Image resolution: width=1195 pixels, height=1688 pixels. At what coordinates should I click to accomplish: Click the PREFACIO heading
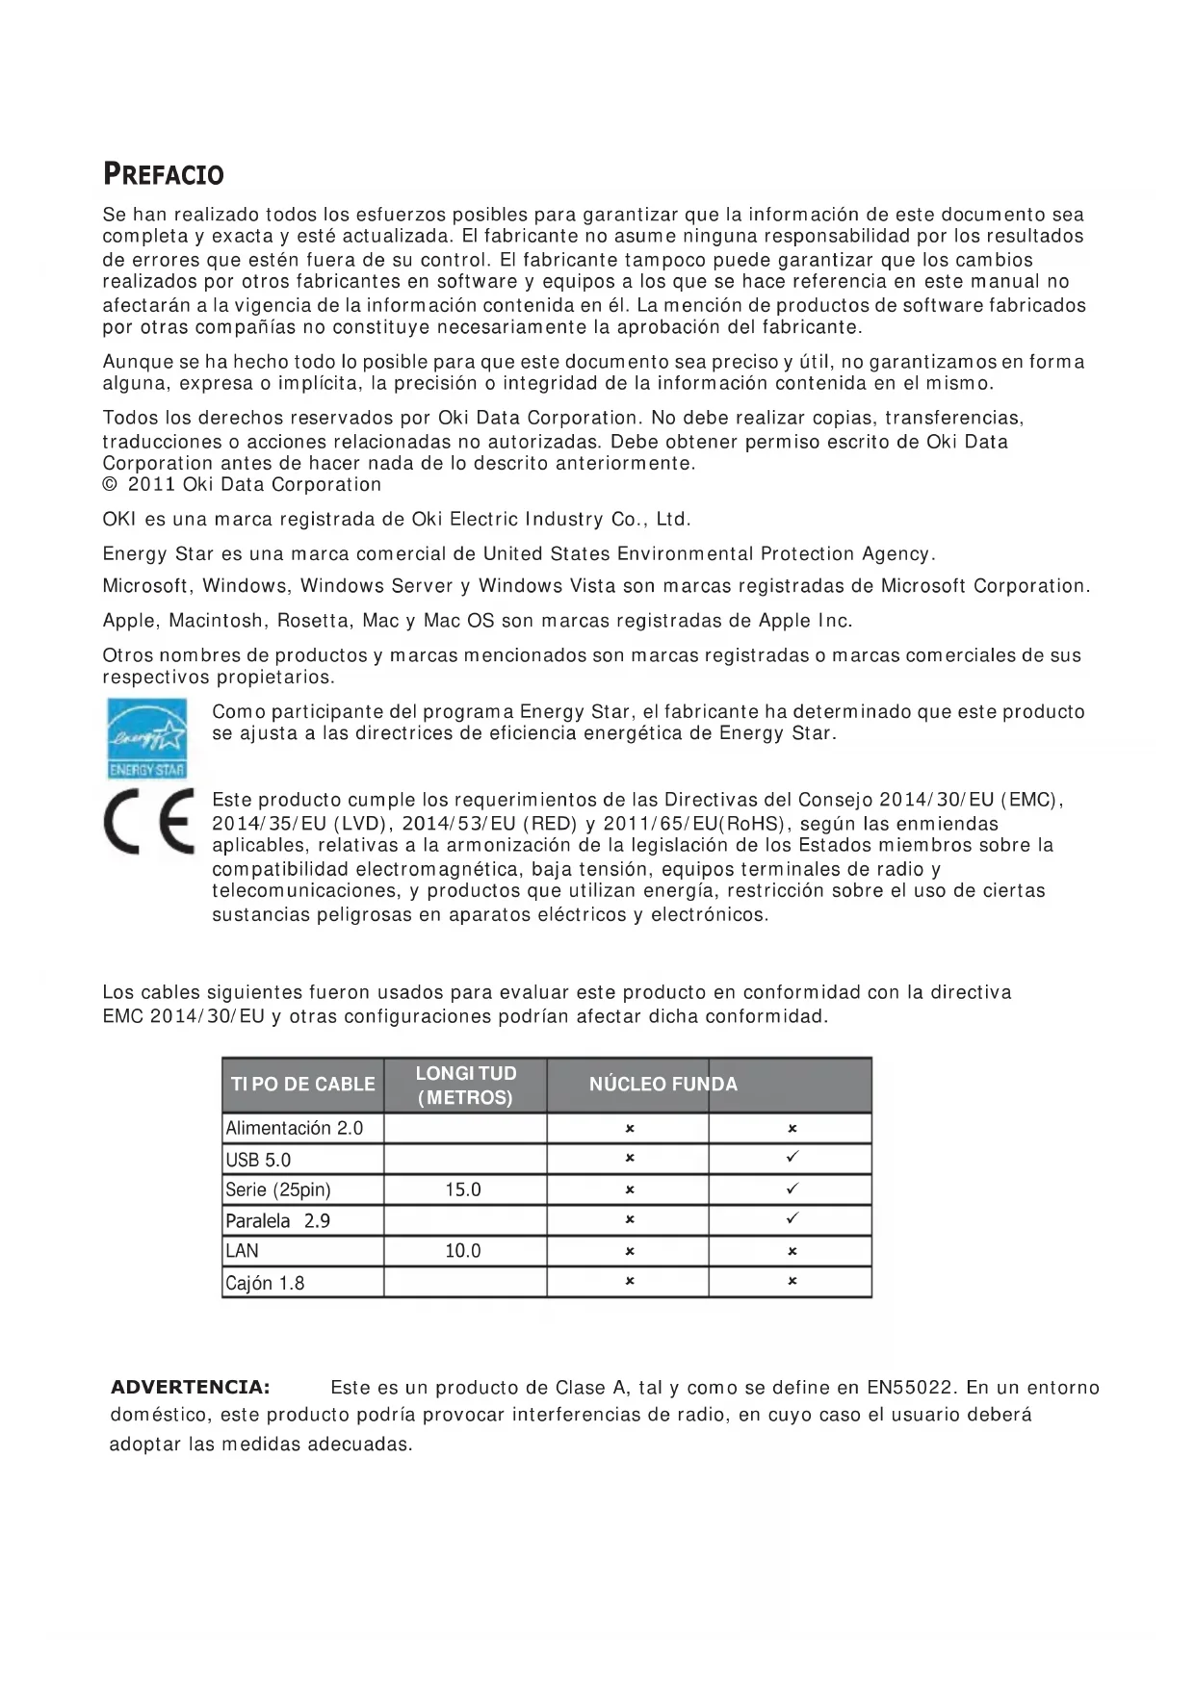(163, 175)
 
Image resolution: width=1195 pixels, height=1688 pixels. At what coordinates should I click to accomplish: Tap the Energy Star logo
(146, 738)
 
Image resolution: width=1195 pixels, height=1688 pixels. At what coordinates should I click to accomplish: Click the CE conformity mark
(148, 821)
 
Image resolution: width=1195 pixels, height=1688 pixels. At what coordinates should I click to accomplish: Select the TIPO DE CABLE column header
(302, 1085)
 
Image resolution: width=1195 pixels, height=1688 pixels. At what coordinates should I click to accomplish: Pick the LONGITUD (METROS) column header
(465, 1086)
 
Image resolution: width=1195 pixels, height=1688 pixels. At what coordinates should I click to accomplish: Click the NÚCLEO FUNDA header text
(662, 1085)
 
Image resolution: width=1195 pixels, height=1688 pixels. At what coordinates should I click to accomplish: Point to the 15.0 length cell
(463, 1190)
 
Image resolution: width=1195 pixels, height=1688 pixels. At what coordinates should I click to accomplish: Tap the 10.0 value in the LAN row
(463, 1251)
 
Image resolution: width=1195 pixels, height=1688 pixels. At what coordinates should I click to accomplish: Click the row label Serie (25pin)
(277, 1190)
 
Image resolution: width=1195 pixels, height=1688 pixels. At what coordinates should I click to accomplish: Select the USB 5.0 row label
(258, 1160)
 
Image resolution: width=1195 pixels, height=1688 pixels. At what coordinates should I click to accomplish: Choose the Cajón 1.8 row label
(265, 1283)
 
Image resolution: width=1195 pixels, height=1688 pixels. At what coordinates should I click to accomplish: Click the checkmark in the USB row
(792, 1158)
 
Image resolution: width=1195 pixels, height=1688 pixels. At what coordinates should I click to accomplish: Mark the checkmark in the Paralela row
(792, 1219)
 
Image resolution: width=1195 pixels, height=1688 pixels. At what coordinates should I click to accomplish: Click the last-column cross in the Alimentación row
(792, 1128)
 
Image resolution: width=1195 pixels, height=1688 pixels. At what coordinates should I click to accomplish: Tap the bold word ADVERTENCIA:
(191, 1387)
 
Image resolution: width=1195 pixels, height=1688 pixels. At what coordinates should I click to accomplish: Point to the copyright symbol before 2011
(110, 485)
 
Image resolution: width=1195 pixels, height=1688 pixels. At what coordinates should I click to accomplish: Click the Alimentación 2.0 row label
(294, 1128)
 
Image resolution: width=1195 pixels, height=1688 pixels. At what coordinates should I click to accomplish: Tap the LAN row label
(242, 1251)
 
